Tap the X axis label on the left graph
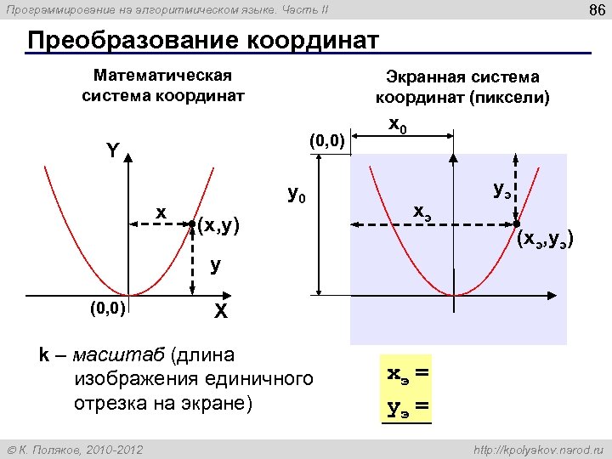click(220, 312)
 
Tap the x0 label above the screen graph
click(397, 124)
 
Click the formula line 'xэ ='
click(407, 373)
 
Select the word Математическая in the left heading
click(163, 76)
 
